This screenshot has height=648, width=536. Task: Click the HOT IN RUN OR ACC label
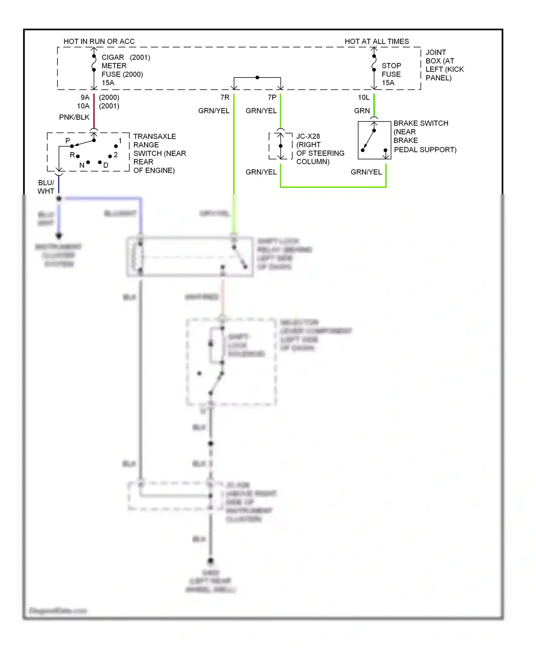99,41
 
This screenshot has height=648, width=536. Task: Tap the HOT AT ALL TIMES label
377,41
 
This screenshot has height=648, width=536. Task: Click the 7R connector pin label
225,98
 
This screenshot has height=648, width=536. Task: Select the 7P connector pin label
272,98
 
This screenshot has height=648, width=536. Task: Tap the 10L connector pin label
364,98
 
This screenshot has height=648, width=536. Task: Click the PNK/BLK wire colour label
74,117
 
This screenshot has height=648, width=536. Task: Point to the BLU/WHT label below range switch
46,187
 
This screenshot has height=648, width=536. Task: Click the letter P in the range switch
68,141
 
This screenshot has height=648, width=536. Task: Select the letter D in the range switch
106,165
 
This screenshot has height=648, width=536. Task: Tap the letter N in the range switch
82,165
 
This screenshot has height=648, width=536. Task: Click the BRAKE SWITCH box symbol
374,140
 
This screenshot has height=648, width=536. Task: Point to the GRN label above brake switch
362,111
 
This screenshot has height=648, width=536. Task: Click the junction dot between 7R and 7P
257,78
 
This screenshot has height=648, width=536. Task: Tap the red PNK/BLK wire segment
94,111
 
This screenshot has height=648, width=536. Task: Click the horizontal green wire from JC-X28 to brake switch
333,186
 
